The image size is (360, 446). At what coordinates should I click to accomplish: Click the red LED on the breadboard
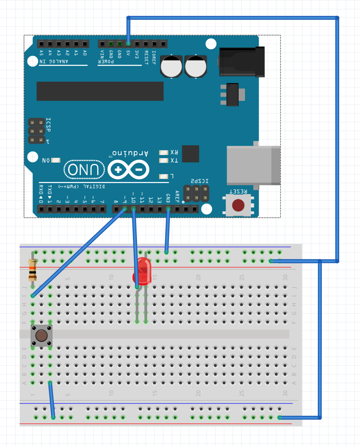(x=142, y=271)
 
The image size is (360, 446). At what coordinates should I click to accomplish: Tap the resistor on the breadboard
(x=32, y=271)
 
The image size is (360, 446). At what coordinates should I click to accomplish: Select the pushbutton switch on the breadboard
(x=42, y=335)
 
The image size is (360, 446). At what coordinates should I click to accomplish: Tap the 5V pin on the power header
(x=128, y=44)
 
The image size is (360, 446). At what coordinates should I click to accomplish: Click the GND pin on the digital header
(x=168, y=209)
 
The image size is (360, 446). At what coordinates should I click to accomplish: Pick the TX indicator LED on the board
(x=164, y=160)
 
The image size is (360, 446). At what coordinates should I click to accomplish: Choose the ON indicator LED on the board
(x=56, y=160)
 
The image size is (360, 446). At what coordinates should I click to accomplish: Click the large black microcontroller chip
(x=100, y=91)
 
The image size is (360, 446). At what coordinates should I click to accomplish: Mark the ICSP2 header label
(x=200, y=181)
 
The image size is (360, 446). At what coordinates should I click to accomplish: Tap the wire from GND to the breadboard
(x=168, y=231)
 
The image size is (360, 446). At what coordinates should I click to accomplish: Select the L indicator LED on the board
(x=164, y=176)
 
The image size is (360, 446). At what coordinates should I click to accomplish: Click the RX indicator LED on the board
(x=164, y=152)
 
